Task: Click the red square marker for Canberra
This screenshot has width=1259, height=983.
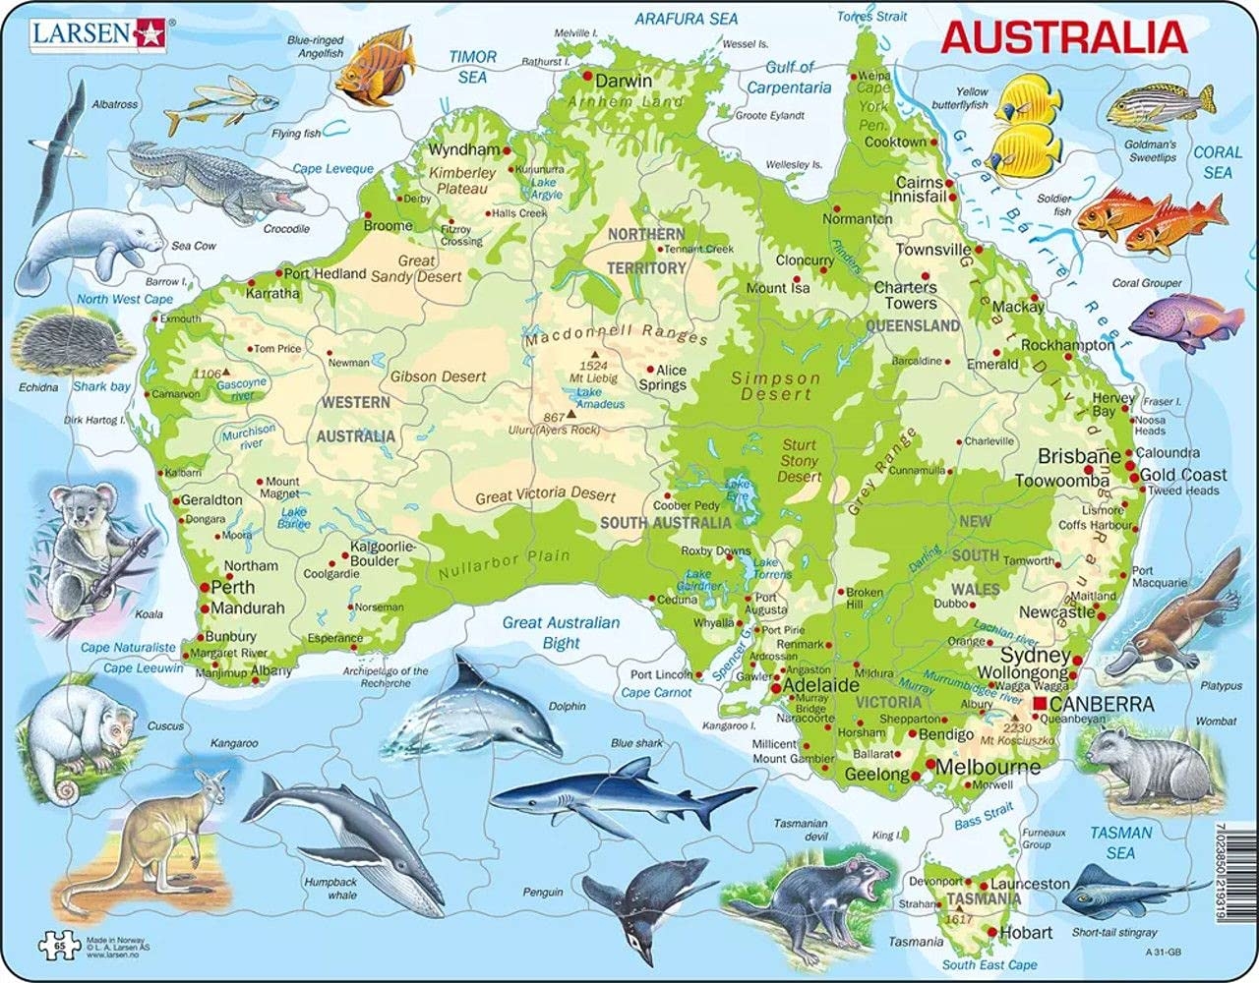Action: [x=1040, y=705]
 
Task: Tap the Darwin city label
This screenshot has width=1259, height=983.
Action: [x=625, y=81]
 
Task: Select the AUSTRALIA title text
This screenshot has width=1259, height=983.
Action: [x=1063, y=37]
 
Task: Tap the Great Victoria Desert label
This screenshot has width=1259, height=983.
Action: [x=545, y=495]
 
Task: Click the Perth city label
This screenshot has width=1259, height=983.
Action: [x=233, y=587]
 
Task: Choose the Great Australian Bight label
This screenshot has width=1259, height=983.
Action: [x=561, y=632]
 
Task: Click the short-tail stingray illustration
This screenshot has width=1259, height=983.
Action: [x=1116, y=890]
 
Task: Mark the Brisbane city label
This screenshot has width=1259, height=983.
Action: [x=1079, y=457]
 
